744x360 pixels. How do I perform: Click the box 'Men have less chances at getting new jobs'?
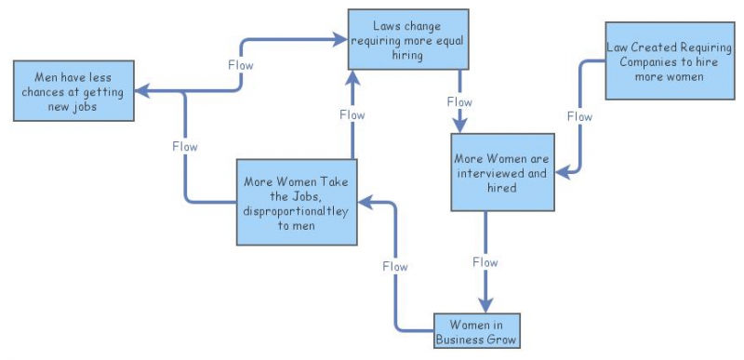pos(72,91)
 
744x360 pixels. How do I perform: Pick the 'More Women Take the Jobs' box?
pos(296,202)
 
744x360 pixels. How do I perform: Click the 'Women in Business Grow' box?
pos(476,332)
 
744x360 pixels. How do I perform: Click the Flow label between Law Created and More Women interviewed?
pos(579,117)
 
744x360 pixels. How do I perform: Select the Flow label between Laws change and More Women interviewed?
pos(459,100)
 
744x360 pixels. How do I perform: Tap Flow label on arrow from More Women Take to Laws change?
pos(352,114)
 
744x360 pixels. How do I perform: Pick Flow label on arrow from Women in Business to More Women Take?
pos(395,266)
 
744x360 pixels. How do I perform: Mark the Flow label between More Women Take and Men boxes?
pos(185,146)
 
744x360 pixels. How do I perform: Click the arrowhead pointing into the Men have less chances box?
pos(139,91)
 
